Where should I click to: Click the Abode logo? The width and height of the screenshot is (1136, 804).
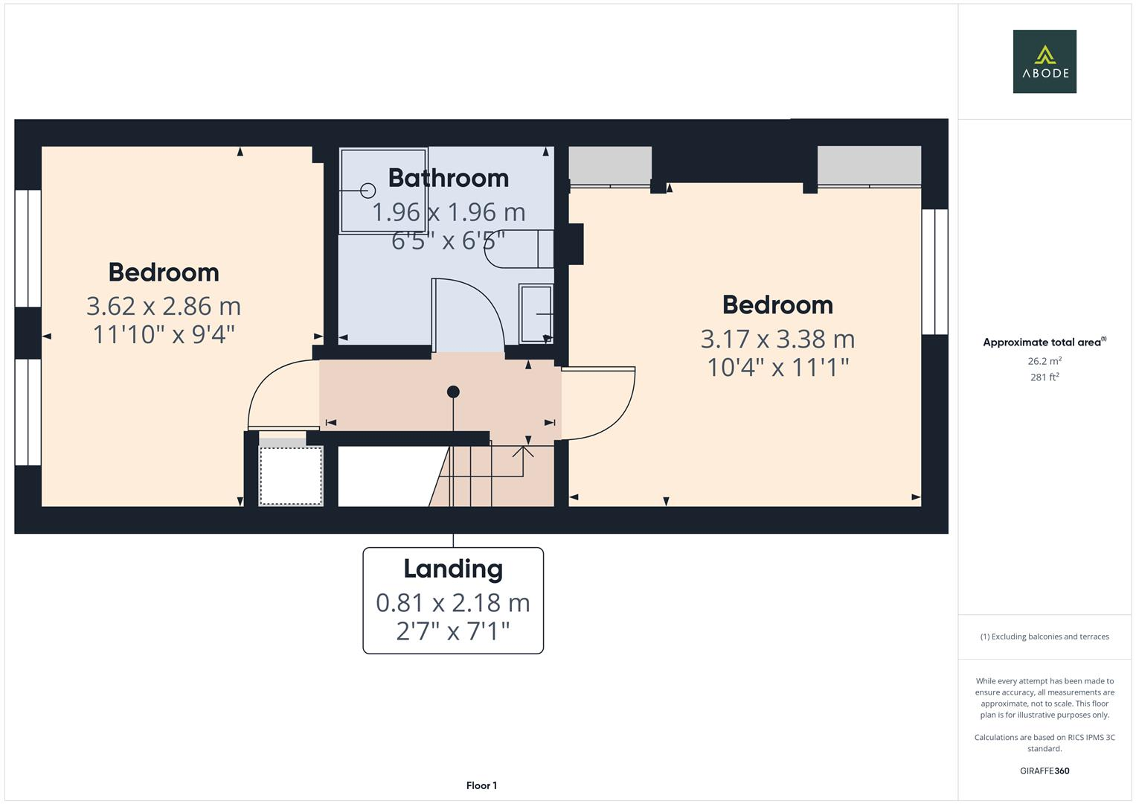[x=1044, y=62]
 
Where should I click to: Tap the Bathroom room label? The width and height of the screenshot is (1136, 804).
[x=448, y=178]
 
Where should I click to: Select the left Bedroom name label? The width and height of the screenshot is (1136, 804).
[x=164, y=272]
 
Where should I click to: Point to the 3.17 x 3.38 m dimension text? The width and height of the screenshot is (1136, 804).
[x=777, y=339]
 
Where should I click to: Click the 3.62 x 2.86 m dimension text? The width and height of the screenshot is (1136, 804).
[x=164, y=306]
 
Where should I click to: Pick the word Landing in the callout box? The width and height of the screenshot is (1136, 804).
[x=453, y=569]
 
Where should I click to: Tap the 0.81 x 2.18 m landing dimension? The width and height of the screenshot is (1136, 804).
[x=453, y=602]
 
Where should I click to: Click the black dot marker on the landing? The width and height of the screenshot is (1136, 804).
[x=453, y=392]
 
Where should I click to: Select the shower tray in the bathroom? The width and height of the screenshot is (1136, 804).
[x=383, y=191]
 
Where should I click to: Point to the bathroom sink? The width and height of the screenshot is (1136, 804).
[x=536, y=313]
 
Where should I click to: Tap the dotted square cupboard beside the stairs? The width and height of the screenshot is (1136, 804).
[x=291, y=474]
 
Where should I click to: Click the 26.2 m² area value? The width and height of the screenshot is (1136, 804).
[x=1044, y=361]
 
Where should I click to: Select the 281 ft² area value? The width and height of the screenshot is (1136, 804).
[x=1044, y=377]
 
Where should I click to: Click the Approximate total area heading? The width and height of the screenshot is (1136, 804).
[x=1044, y=342]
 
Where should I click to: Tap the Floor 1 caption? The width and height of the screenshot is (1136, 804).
[x=481, y=785]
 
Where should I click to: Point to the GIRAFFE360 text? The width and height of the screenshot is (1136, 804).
[x=1044, y=771]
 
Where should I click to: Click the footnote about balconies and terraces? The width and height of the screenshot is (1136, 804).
[x=1044, y=636]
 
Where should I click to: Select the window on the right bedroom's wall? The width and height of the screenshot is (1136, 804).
[x=934, y=272]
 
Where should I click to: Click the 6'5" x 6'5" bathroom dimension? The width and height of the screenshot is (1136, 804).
[x=448, y=240]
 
